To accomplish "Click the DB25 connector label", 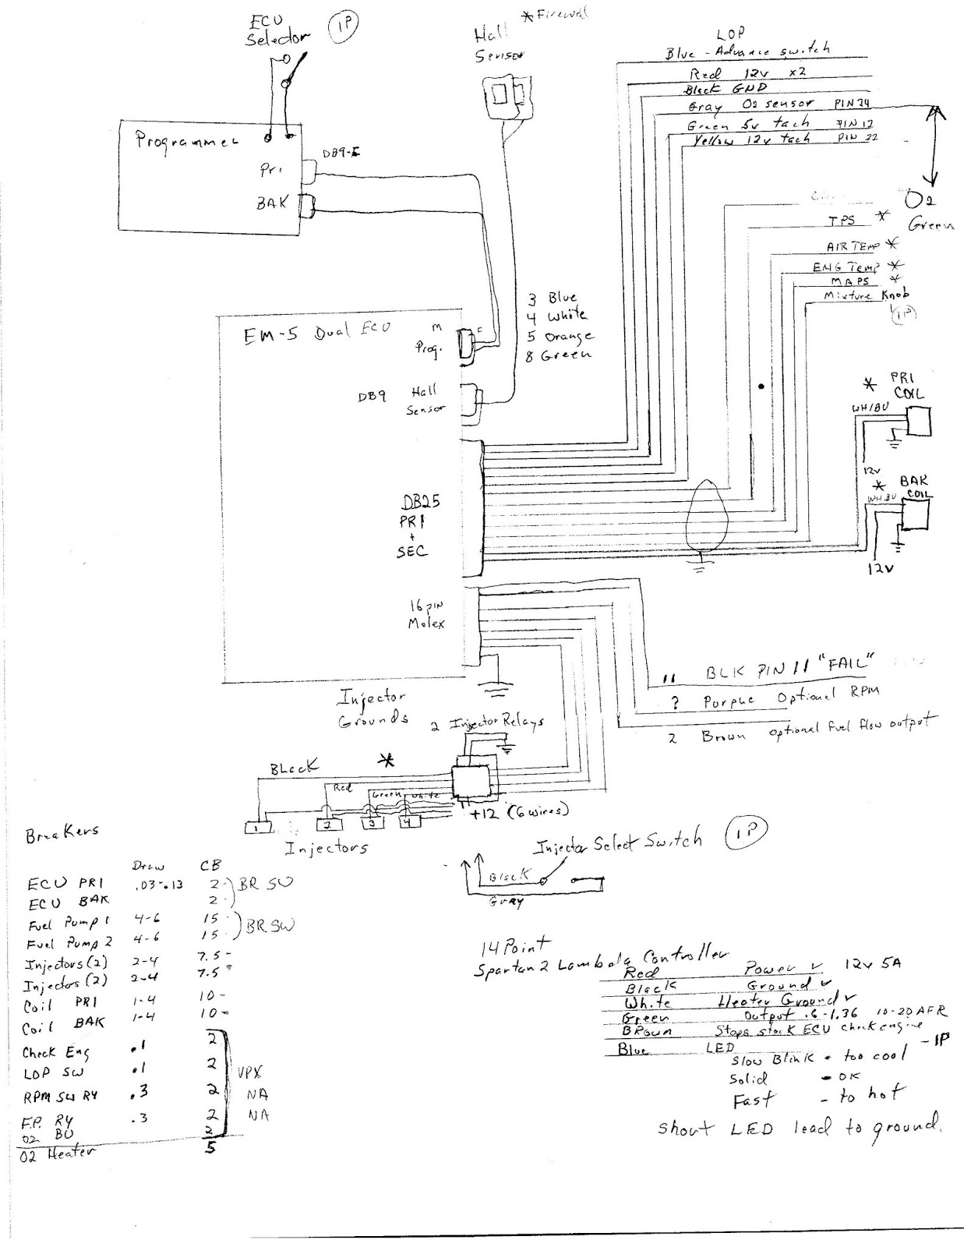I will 420,503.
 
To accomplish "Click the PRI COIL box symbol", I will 919,421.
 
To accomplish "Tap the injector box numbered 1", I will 256,826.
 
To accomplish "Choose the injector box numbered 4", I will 407,821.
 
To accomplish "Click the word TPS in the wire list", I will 841,221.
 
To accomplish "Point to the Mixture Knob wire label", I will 866,296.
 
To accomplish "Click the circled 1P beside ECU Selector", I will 340,28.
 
